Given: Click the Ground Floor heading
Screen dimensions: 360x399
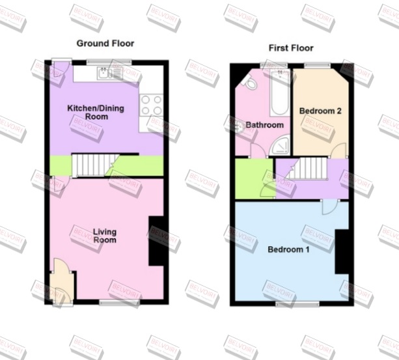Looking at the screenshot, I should click(105, 44).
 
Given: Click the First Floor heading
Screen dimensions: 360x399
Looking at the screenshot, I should click(291, 48).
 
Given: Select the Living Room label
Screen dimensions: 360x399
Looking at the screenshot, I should click(104, 236).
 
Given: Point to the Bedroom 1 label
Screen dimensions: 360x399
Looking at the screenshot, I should click(288, 249).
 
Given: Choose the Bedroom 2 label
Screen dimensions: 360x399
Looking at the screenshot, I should click(320, 111).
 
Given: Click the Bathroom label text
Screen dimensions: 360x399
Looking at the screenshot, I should click(264, 125).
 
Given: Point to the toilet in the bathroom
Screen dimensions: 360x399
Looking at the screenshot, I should click(249, 80).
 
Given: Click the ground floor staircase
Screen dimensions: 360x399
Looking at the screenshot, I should click(91, 165).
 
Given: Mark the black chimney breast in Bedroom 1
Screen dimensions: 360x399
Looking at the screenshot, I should click(341, 252).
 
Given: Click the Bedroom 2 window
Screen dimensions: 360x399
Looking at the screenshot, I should click(319, 64).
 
